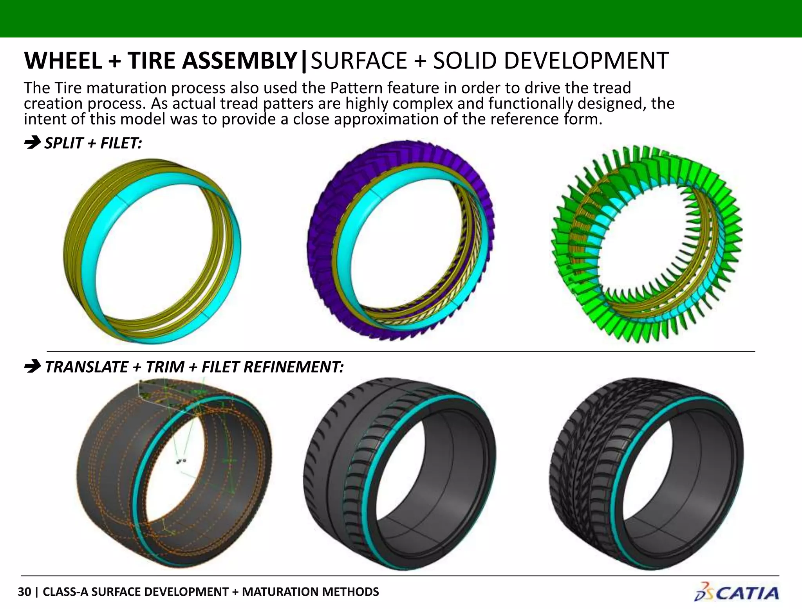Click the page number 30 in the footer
(x=24, y=592)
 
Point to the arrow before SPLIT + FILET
(x=32, y=143)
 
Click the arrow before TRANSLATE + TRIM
(x=32, y=367)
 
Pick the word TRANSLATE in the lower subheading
(x=87, y=367)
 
